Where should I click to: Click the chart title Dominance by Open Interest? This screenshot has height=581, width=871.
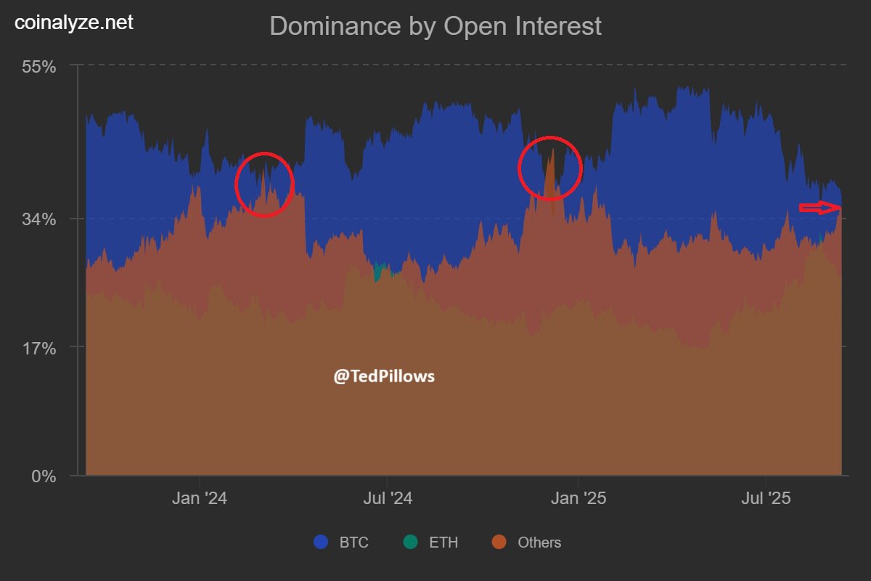435,26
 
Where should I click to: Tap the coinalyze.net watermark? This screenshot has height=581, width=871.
74,23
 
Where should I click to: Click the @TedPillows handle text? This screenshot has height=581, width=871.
384,376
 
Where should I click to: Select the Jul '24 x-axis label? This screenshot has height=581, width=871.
387,499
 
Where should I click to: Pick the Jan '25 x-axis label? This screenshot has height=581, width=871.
578,499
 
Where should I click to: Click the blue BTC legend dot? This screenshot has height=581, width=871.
322,542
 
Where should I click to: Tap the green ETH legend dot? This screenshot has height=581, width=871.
412,542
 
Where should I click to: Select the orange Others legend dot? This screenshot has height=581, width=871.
499,542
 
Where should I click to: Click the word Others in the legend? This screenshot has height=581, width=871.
539,543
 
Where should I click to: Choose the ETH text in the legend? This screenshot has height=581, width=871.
443,543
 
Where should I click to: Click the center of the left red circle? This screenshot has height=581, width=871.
264,184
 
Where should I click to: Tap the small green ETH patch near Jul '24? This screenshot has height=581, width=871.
377,273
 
